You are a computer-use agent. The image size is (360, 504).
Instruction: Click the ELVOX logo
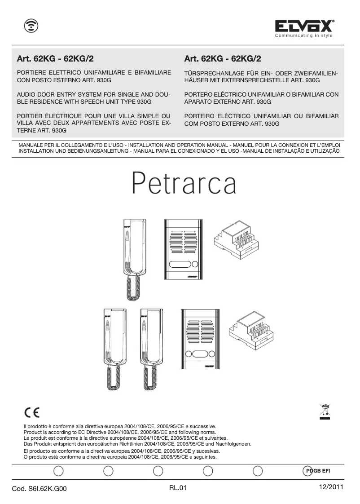tap(304, 27)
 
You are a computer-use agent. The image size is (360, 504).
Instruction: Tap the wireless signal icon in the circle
tap(31, 27)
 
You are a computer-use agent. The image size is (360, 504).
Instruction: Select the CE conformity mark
tap(31, 412)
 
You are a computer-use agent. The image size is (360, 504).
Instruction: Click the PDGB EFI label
tap(318, 470)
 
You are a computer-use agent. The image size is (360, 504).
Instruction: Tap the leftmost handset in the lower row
tap(115, 348)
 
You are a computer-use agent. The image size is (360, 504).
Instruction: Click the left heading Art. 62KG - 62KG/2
tap(55, 58)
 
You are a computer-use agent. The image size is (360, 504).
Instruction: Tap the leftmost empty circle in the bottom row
tap(58, 471)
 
